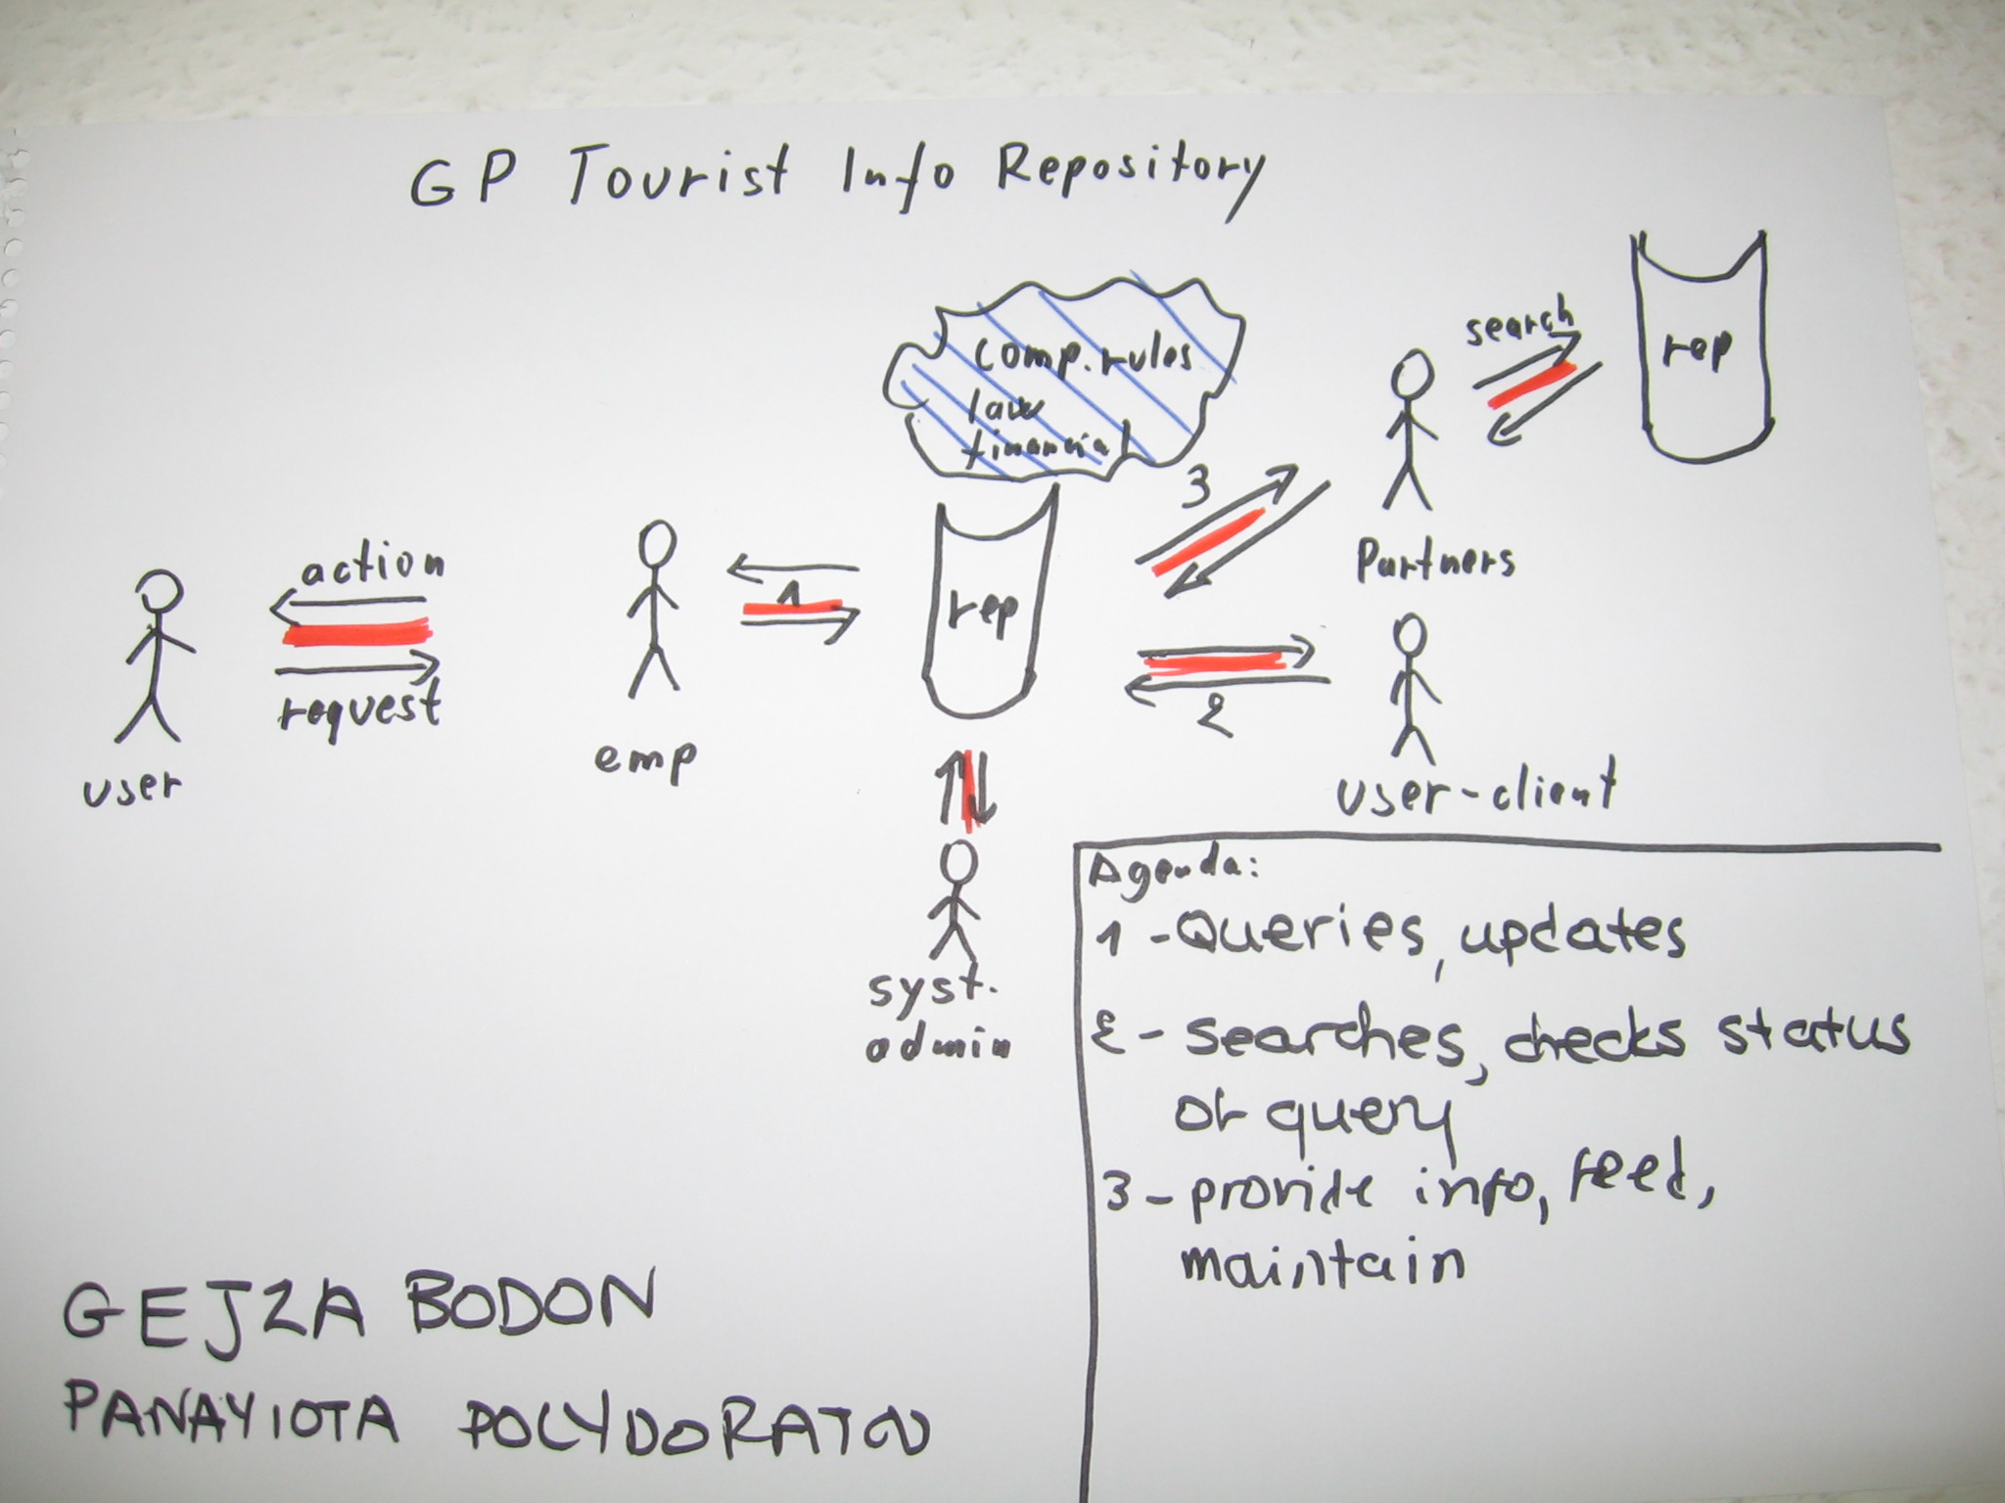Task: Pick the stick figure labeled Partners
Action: coord(1411,431)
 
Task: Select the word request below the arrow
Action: coord(359,706)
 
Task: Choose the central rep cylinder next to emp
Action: coord(984,612)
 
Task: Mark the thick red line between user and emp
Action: coord(357,633)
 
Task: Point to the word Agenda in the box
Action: coord(1171,870)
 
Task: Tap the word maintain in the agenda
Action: coord(1322,1261)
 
